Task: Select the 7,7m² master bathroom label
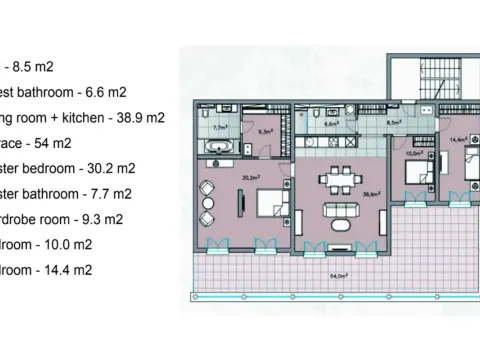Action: [220, 128]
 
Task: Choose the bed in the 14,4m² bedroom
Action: [461, 180]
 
